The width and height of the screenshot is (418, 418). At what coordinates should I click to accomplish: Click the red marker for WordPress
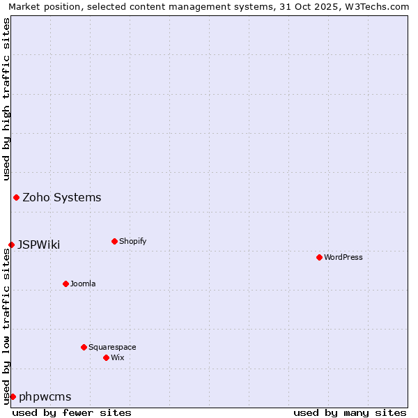pos(319,257)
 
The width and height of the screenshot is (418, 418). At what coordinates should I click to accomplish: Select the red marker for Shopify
pos(114,241)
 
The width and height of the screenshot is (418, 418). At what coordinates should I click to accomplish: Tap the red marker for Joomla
pos(65,284)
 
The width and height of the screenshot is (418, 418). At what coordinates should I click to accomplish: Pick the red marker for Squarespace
pos(84,347)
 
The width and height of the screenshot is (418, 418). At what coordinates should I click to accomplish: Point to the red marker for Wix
pos(106,357)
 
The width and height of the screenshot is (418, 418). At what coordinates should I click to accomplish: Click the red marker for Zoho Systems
pos(16,197)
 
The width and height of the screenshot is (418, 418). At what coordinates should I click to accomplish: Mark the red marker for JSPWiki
pos(11,245)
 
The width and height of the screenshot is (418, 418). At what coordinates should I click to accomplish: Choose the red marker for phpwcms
pos(13,396)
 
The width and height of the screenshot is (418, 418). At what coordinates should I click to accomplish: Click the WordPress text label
pos(343,257)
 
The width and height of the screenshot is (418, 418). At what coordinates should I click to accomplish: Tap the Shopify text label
pos(133,241)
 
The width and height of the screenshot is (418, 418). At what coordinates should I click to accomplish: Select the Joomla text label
pos(83,284)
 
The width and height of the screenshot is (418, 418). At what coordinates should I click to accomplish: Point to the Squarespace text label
pos(112,347)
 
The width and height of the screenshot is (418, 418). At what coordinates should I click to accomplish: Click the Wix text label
pos(118,357)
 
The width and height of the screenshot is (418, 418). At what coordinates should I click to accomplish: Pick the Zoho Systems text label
pos(62,197)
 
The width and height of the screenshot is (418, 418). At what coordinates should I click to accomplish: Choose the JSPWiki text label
pos(39,245)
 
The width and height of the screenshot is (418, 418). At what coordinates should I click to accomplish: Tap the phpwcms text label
pos(45,396)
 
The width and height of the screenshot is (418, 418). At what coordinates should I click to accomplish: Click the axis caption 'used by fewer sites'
pos(72,412)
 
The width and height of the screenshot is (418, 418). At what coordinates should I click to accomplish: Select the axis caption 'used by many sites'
pos(350,412)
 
